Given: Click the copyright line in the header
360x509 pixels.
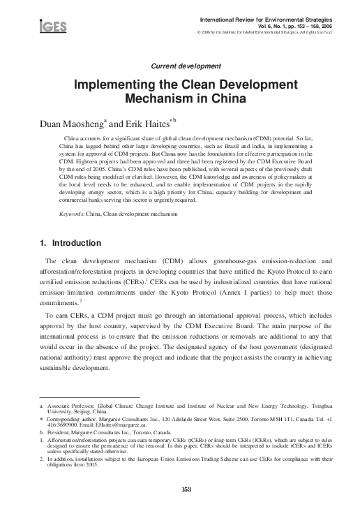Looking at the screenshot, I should point(277,31).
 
